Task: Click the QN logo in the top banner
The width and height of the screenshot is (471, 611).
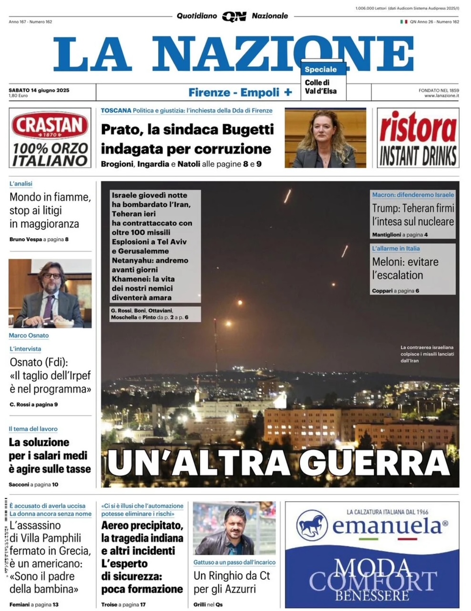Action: pos(234,16)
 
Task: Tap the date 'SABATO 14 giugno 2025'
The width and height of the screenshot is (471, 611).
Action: pos(39,90)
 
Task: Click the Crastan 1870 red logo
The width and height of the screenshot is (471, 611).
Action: pos(50,126)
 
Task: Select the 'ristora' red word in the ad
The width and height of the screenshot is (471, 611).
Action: pos(418,128)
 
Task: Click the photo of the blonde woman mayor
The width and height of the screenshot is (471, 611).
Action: pos(325,137)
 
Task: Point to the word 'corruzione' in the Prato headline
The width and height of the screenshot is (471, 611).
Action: pos(234,149)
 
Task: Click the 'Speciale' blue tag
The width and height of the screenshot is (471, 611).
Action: pos(321,69)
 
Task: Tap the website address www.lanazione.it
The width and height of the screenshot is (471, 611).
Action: pos(441,96)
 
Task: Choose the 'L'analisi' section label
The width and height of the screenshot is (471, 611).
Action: pos(21,184)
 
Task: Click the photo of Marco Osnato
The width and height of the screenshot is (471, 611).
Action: pos(50,293)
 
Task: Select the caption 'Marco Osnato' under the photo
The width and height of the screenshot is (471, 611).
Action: pos(29,336)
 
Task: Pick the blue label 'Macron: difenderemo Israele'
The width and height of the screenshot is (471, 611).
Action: pos(413,195)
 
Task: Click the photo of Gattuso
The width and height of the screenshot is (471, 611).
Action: pos(234,528)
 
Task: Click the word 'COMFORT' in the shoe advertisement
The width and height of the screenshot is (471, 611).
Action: pos(373,580)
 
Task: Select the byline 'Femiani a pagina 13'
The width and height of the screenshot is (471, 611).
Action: pos(33,604)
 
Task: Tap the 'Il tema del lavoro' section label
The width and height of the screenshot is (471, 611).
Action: pos(33,429)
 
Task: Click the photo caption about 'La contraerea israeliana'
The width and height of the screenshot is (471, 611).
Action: pos(427,354)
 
